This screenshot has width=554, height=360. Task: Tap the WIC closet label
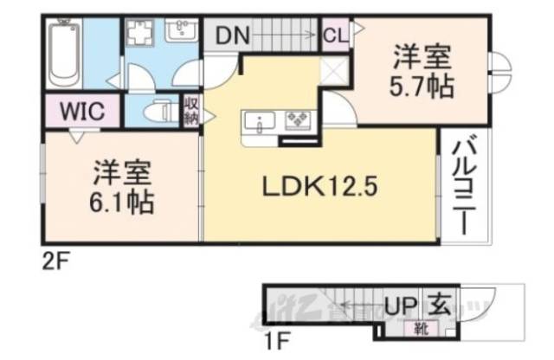click(82, 111)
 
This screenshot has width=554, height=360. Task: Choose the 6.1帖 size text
click(122, 203)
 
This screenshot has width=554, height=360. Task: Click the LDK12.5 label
click(319, 186)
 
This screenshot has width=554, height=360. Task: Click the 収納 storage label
click(190, 112)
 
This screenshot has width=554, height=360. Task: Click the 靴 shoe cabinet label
click(420, 328)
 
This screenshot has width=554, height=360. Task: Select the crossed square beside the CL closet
click(334, 71)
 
